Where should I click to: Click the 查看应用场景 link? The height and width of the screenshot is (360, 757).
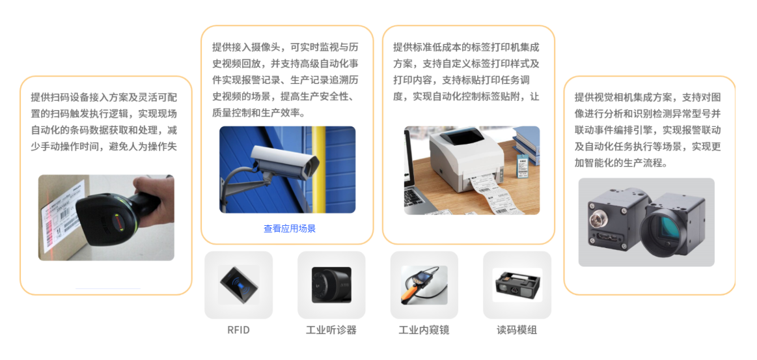pyautogui.click(x=290, y=228)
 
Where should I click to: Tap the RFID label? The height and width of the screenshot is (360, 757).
pyautogui.click(x=238, y=330)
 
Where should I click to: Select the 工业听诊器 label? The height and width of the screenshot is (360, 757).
pyautogui.click(x=331, y=330)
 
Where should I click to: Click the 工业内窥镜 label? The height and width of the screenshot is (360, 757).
pyautogui.click(x=424, y=330)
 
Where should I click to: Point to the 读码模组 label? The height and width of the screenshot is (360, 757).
pyautogui.click(x=517, y=330)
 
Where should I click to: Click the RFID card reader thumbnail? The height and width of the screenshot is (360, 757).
pyautogui.click(x=238, y=284)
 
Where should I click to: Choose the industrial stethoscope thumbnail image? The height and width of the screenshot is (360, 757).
pyautogui.click(x=331, y=284)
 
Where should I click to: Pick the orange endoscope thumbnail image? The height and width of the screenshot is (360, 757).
pyautogui.click(x=424, y=284)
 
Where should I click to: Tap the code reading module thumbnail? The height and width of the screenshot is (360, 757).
pyautogui.click(x=517, y=284)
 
